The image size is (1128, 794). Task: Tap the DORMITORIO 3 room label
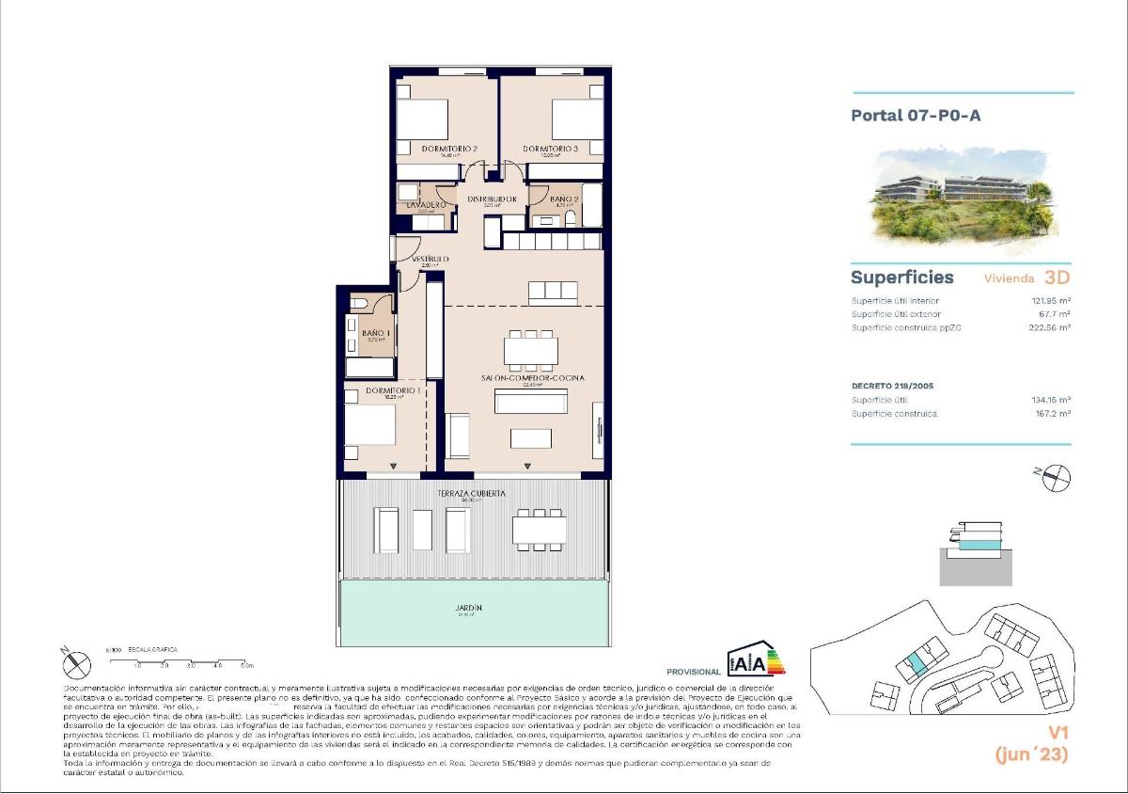(550, 149)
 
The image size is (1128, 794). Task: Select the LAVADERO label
(426, 204)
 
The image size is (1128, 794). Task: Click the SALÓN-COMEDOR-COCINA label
(533, 377)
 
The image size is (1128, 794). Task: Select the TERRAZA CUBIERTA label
(471, 493)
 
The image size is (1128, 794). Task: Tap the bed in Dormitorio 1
(369, 423)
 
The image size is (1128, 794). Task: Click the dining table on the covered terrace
(540, 530)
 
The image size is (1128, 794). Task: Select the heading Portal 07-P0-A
(902, 116)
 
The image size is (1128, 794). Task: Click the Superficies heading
(901, 278)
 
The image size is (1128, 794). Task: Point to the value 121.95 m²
(1050, 300)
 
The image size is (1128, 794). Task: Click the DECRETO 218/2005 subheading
(892, 386)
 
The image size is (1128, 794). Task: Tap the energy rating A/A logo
(756, 662)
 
